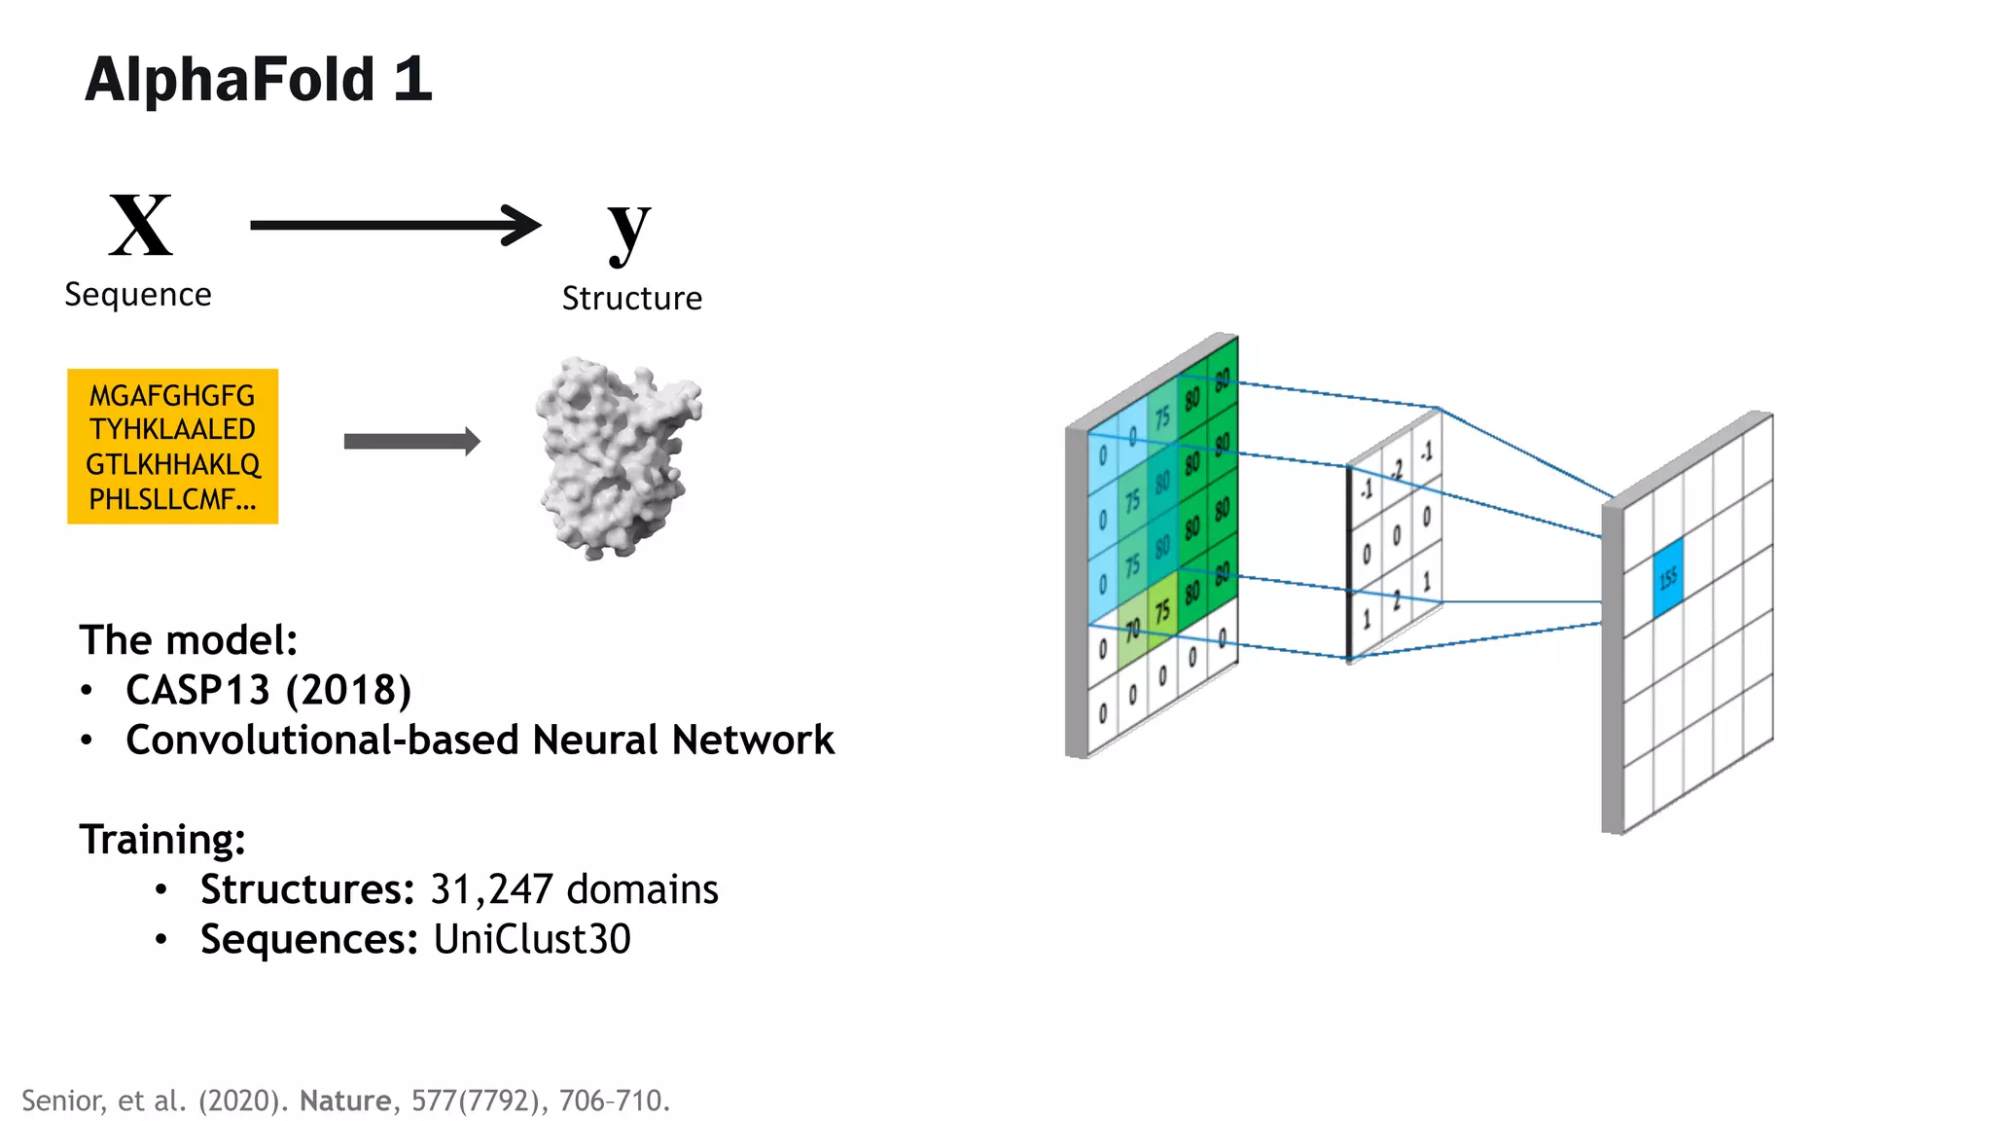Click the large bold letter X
tap(141, 226)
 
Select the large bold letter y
tap(628, 230)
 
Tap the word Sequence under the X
tap(138, 295)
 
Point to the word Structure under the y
tap(631, 299)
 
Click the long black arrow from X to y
tap(394, 225)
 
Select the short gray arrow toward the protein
tap(411, 441)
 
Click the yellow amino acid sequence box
tap(172, 446)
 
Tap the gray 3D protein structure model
tap(618, 457)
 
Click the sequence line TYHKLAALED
tap(172, 429)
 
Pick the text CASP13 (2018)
tap(268, 690)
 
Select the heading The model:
tap(188, 640)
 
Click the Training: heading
tap(162, 840)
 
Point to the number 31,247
tap(491, 889)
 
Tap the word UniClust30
tap(532, 939)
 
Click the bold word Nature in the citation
tap(344, 1101)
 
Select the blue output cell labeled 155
tap(1667, 579)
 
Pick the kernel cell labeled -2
tap(1397, 471)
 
